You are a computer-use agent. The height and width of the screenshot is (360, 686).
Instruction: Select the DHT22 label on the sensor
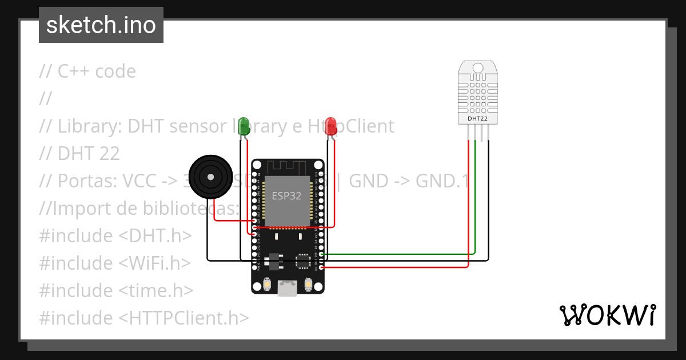coord(478,118)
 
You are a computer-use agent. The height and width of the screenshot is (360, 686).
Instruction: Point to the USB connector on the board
coord(288,288)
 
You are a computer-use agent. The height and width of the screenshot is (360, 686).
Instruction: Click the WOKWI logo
coord(607,315)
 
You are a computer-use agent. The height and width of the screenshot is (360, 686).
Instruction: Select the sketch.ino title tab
coord(101,25)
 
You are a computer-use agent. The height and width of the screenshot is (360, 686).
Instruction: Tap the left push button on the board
coord(267,284)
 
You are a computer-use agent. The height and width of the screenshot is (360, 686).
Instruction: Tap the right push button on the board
coord(309,284)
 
